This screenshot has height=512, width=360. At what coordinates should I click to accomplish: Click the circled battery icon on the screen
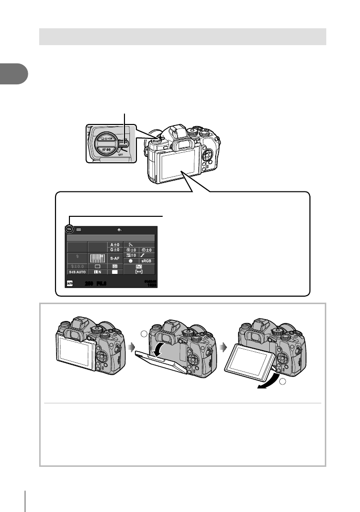click(69, 230)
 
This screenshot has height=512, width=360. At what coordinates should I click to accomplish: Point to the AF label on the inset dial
click(101, 148)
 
